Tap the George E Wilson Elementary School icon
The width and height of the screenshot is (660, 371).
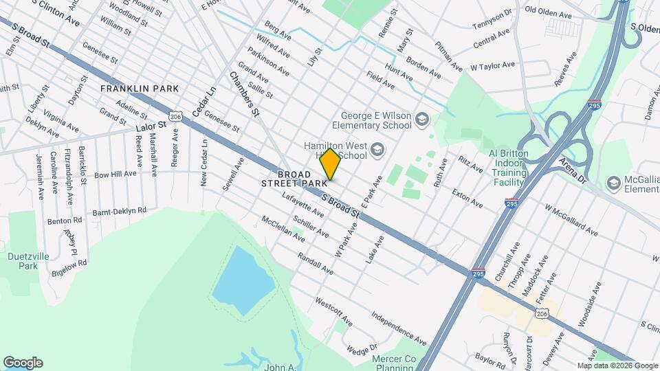[422, 122]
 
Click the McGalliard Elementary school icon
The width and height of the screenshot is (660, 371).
[613, 183]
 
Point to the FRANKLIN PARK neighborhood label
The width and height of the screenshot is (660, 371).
[140, 89]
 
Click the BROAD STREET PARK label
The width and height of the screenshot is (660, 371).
[294, 179]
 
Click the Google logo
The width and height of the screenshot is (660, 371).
[23, 363]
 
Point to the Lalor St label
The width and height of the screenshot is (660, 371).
[151, 126]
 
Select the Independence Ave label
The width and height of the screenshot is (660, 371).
[399, 328]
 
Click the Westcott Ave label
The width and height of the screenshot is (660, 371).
[333, 311]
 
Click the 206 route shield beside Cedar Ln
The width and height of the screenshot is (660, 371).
[177, 117]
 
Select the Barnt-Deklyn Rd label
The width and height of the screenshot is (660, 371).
[120, 210]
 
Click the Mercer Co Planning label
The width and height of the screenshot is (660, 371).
[395, 363]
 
